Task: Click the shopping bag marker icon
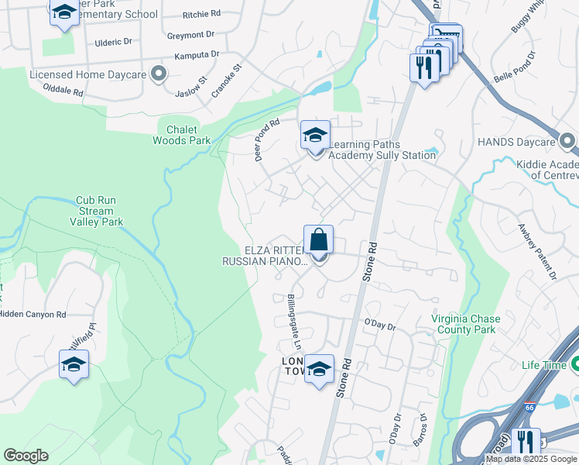tap(319, 241)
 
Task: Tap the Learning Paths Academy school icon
tap(315, 136)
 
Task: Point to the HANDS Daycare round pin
tap(567, 142)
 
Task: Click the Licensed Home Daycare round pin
tap(159, 74)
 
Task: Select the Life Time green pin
tap(574, 365)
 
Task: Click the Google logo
tap(26, 456)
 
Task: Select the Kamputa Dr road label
tap(197, 55)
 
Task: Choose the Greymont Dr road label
tap(190, 35)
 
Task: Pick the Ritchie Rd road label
tap(201, 14)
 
